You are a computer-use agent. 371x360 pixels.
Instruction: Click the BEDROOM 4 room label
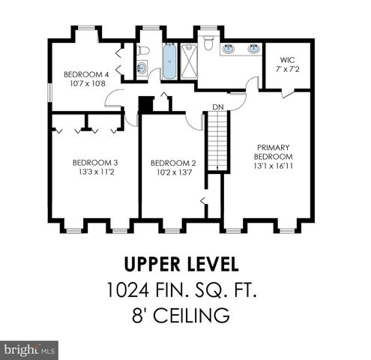point(86,74)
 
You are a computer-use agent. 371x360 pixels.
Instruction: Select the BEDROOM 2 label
point(173,162)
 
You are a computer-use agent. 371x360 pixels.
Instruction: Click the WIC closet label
point(287,59)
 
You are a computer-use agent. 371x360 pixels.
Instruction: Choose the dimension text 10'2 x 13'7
point(173,172)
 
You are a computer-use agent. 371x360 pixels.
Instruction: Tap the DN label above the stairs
point(217,107)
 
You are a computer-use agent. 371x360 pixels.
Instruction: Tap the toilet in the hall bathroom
point(143,51)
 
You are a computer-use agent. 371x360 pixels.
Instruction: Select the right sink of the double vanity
point(250,49)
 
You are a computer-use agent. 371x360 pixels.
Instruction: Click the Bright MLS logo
point(30,349)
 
